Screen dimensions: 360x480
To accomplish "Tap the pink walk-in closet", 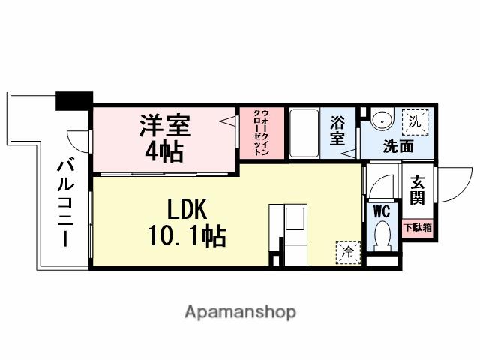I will point(262,133).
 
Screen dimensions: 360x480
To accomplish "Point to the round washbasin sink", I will point(381,118).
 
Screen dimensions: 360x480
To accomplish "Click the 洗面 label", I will point(397,147).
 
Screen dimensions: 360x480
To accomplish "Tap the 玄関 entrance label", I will point(417,190).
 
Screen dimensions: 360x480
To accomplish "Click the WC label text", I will point(381,210).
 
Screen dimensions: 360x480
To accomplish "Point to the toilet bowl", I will point(384,235).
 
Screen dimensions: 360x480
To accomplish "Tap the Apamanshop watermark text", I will point(240,310).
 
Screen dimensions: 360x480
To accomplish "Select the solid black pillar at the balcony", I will point(74,99).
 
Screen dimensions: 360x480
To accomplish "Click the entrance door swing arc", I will point(451,184).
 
